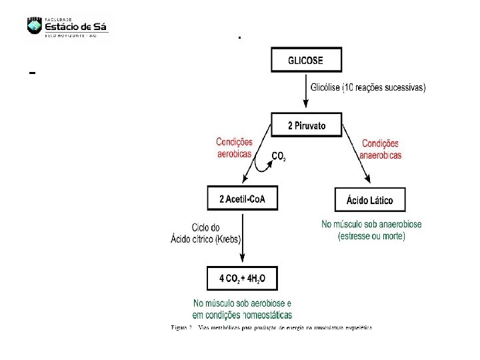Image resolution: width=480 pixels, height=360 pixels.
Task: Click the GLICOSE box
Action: point(306,61)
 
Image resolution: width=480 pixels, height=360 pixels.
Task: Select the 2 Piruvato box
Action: point(306,127)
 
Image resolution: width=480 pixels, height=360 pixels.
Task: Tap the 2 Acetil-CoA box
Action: point(243,199)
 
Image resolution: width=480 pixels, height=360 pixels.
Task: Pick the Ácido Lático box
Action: point(369,200)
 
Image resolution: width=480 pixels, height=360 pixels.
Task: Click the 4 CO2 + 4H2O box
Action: point(243,278)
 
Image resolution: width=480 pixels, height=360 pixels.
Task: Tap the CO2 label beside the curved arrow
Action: point(279,157)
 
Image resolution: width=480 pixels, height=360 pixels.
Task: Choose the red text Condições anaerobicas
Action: point(380,149)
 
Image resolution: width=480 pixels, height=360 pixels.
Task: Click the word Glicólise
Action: point(325,88)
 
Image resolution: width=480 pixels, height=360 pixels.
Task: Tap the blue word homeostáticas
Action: point(261,315)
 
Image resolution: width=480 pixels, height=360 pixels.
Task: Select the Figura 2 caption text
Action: point(271,328)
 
